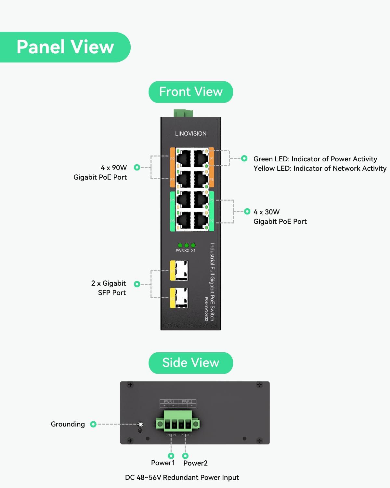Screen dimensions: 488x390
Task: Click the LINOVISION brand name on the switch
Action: point(190,133)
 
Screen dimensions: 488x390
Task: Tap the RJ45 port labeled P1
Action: point(201,158)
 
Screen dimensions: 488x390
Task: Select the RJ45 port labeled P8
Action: point(184,221)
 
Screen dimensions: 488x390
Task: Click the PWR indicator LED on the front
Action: point(180,245)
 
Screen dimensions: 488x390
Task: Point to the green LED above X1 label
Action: point(193,245)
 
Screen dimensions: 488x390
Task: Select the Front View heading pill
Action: point(191,92)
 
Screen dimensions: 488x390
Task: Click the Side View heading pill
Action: point(191,363)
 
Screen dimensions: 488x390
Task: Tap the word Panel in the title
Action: point(41,47)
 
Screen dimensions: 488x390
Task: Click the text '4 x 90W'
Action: point(113,168)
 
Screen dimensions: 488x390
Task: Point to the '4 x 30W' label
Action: point(266,212)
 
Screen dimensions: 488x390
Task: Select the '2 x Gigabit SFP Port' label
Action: point(109,288)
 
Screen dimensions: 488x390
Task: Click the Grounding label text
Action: point(68,424)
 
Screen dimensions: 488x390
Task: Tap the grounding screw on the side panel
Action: point(140,425)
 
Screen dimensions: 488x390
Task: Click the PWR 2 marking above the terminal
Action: point(187,401)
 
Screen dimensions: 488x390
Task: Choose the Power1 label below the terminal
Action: point(163,463)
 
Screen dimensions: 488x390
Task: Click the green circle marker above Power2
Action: point(185,456)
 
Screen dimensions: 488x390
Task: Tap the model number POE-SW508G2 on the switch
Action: point(206,309)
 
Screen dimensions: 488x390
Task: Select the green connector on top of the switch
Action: point(183,113)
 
